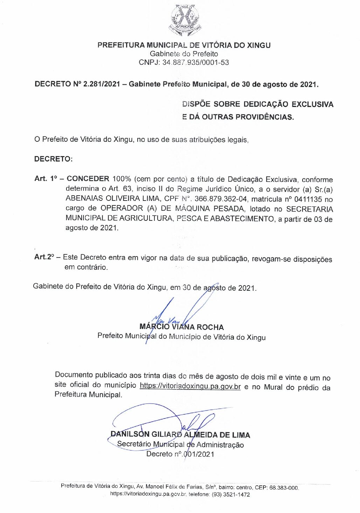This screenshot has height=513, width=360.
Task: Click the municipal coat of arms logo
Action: pyautogui.click(x=184, y=20)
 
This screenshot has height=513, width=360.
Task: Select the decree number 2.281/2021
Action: pyautogui.click(x=102, y=84)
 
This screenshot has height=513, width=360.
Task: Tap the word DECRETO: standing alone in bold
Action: pyautogui.click(x=53, y=159)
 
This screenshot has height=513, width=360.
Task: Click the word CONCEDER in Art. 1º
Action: pyautogui.click(x=88, y=179)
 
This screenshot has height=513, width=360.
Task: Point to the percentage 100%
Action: pyautogui.click(x=122, y=179)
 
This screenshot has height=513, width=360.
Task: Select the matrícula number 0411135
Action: pyautogui.click(x=308, y=199)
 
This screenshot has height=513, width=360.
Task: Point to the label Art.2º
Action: pyautogui.click(x=44, y=257)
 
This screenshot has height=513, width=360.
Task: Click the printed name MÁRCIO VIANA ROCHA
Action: pyautogui.click(x=181, y=327)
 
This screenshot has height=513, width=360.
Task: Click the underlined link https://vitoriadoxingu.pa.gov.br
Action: pyautogui.click(x=190, y=386)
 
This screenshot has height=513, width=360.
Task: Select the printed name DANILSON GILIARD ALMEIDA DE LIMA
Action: pyautogui.click(x=180, y=435)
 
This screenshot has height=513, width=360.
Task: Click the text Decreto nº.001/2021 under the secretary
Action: pyautogui.click(x=180, y=454)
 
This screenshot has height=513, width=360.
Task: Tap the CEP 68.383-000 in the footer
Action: pyautogui.click(x=284, y=487)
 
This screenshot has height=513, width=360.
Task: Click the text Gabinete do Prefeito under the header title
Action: pyautogui.click(x=184, y=54)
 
